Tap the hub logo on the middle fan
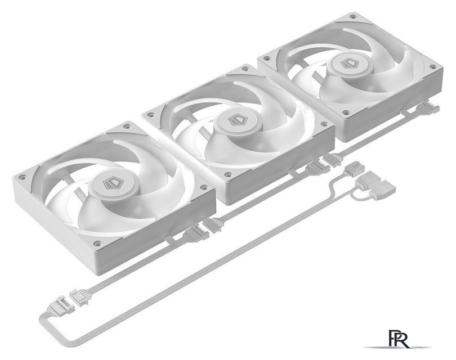238,120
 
